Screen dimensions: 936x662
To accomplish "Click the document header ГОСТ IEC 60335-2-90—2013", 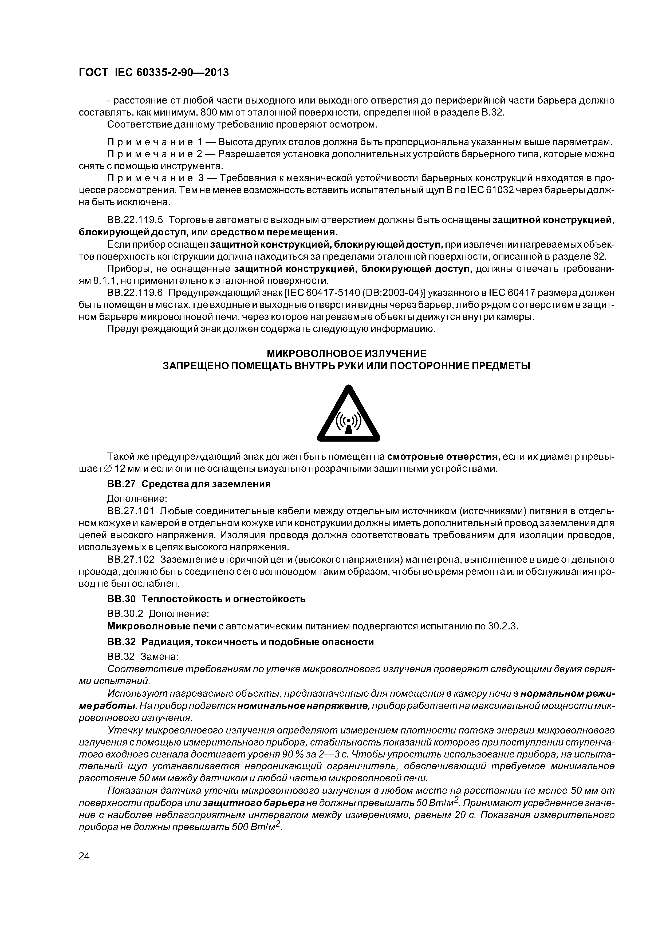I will coord(153,73).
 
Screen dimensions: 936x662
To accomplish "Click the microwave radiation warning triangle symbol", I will coord(348,414).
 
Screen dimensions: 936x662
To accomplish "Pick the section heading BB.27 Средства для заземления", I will coord(188,484).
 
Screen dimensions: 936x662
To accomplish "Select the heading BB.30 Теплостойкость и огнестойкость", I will coord(206,599).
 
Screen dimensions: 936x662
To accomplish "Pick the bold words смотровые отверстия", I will coord(444,456).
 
